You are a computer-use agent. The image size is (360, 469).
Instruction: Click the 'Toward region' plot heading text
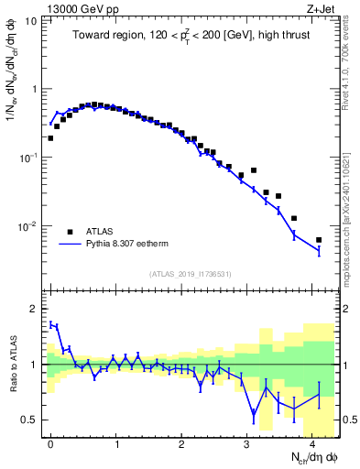coord(188,37)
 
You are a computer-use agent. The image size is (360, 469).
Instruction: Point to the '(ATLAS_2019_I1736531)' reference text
coord(189,273)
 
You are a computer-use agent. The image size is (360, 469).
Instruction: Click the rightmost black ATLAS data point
coord(319,240)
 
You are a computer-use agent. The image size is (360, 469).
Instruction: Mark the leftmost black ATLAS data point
coord(50,138)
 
